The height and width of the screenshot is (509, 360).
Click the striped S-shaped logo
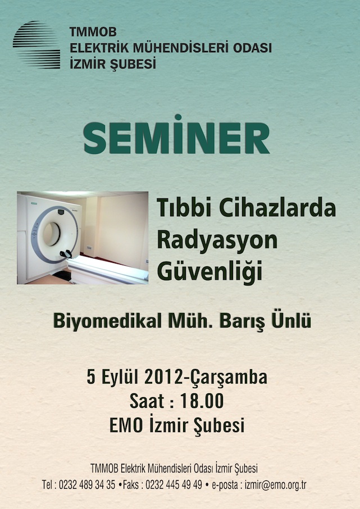pos(37,45)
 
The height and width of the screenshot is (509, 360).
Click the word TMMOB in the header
pos(93,32)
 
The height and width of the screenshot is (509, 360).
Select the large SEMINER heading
pos(176,135)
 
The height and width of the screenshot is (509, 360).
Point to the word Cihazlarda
pos(277,208)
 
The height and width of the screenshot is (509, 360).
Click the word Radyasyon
pos(217,241)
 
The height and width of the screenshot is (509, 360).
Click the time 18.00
pos(202,401)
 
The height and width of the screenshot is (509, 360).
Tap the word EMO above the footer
pos(126,425)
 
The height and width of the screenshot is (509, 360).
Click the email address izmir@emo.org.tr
pos(275,485)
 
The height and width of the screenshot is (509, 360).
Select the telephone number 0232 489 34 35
pos(87,485)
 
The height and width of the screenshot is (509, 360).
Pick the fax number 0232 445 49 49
pos(174,485)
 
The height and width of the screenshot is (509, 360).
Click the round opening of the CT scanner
pos(51,234)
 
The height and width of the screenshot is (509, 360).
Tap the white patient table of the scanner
pos(107,270)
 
